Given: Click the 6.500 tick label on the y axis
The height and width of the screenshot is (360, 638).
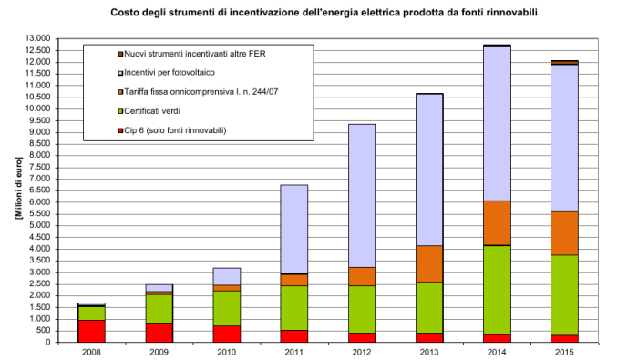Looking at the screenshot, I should click(39, 190).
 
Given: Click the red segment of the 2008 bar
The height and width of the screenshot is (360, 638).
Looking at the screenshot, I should click(91, 331).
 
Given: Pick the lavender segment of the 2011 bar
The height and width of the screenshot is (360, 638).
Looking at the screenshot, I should click(293, 229).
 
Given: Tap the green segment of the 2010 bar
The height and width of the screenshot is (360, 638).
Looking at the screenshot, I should click(226, 308).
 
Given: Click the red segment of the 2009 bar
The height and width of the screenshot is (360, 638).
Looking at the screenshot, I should click(159, 333).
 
